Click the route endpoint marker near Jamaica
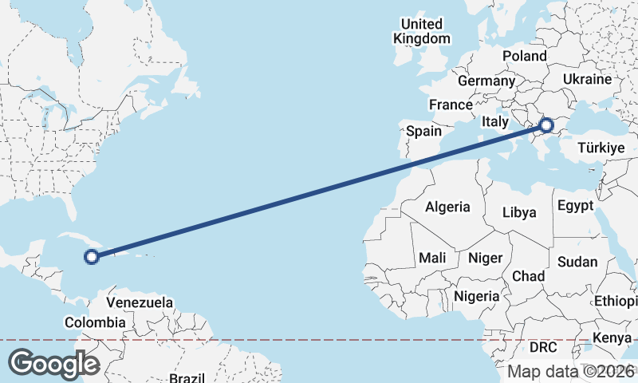click(92, 256)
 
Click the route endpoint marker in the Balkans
click(547, 124)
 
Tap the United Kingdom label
click(422, 31)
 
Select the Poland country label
click(524, 56)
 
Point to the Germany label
click(486, 81)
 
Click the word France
click(451, 105)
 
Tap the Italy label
click(494, 122)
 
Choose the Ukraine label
click(587, 80)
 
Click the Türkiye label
click(601, 148)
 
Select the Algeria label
click(447, 207)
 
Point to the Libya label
click(519, 212)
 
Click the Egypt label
click(576, 206)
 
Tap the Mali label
click(432, 258)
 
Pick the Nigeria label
click(476, 296)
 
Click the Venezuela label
click(140, 303)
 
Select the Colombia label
click(95, 322)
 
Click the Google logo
click(53, 363)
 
